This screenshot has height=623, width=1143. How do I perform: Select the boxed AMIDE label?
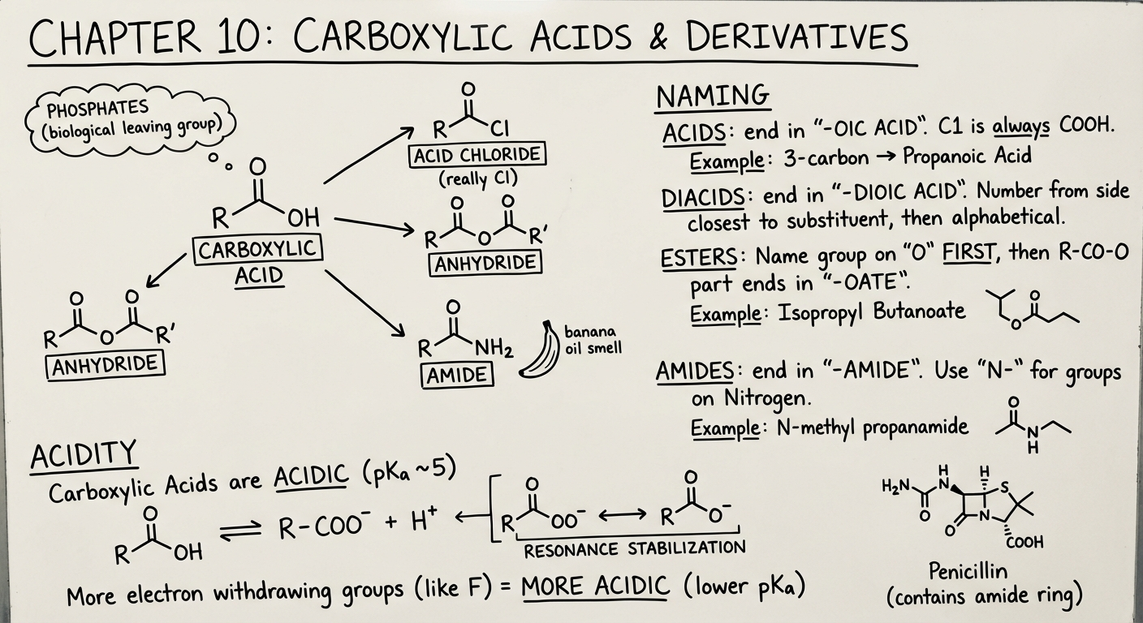(x=457, y=376)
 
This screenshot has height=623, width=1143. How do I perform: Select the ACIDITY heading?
(x=83, y=457)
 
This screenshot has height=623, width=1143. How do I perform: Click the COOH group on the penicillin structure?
(x=1024, y=542)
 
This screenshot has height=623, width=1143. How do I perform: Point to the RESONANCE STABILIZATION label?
(x=635, y=549)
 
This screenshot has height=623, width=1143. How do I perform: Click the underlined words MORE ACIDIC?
(x=596, y=585)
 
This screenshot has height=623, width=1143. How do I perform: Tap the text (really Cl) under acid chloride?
(x=477, y=178)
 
